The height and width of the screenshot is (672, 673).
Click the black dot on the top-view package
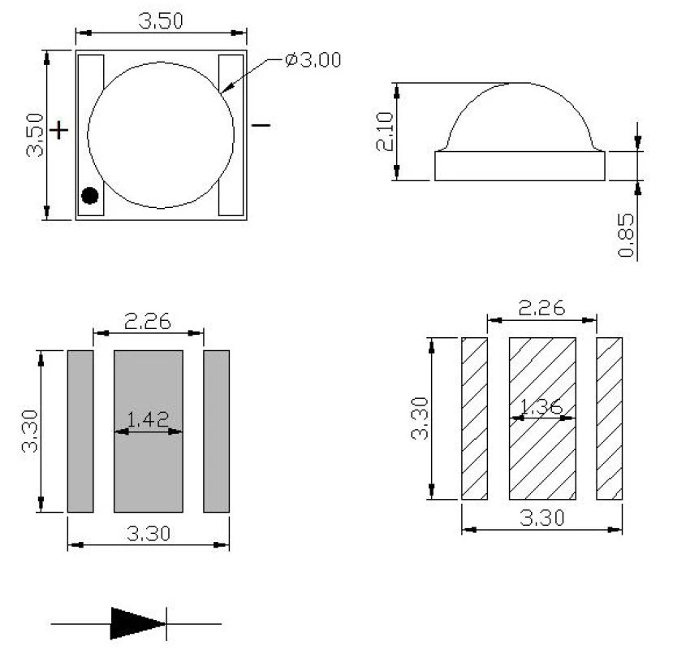coord(89,196)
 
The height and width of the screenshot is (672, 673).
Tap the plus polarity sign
coord(58,130)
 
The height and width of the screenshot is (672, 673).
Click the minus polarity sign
coord(261,125)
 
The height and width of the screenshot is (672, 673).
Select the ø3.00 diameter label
coord(313,60)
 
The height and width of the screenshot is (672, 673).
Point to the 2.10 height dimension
coord(385,132)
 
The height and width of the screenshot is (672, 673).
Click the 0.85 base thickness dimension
coord(626,235)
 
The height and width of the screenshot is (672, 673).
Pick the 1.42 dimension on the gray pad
coord(148,420)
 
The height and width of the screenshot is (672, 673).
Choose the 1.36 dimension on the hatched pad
coord(541,406)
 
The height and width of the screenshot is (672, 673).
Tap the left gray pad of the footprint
coord(80,431)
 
